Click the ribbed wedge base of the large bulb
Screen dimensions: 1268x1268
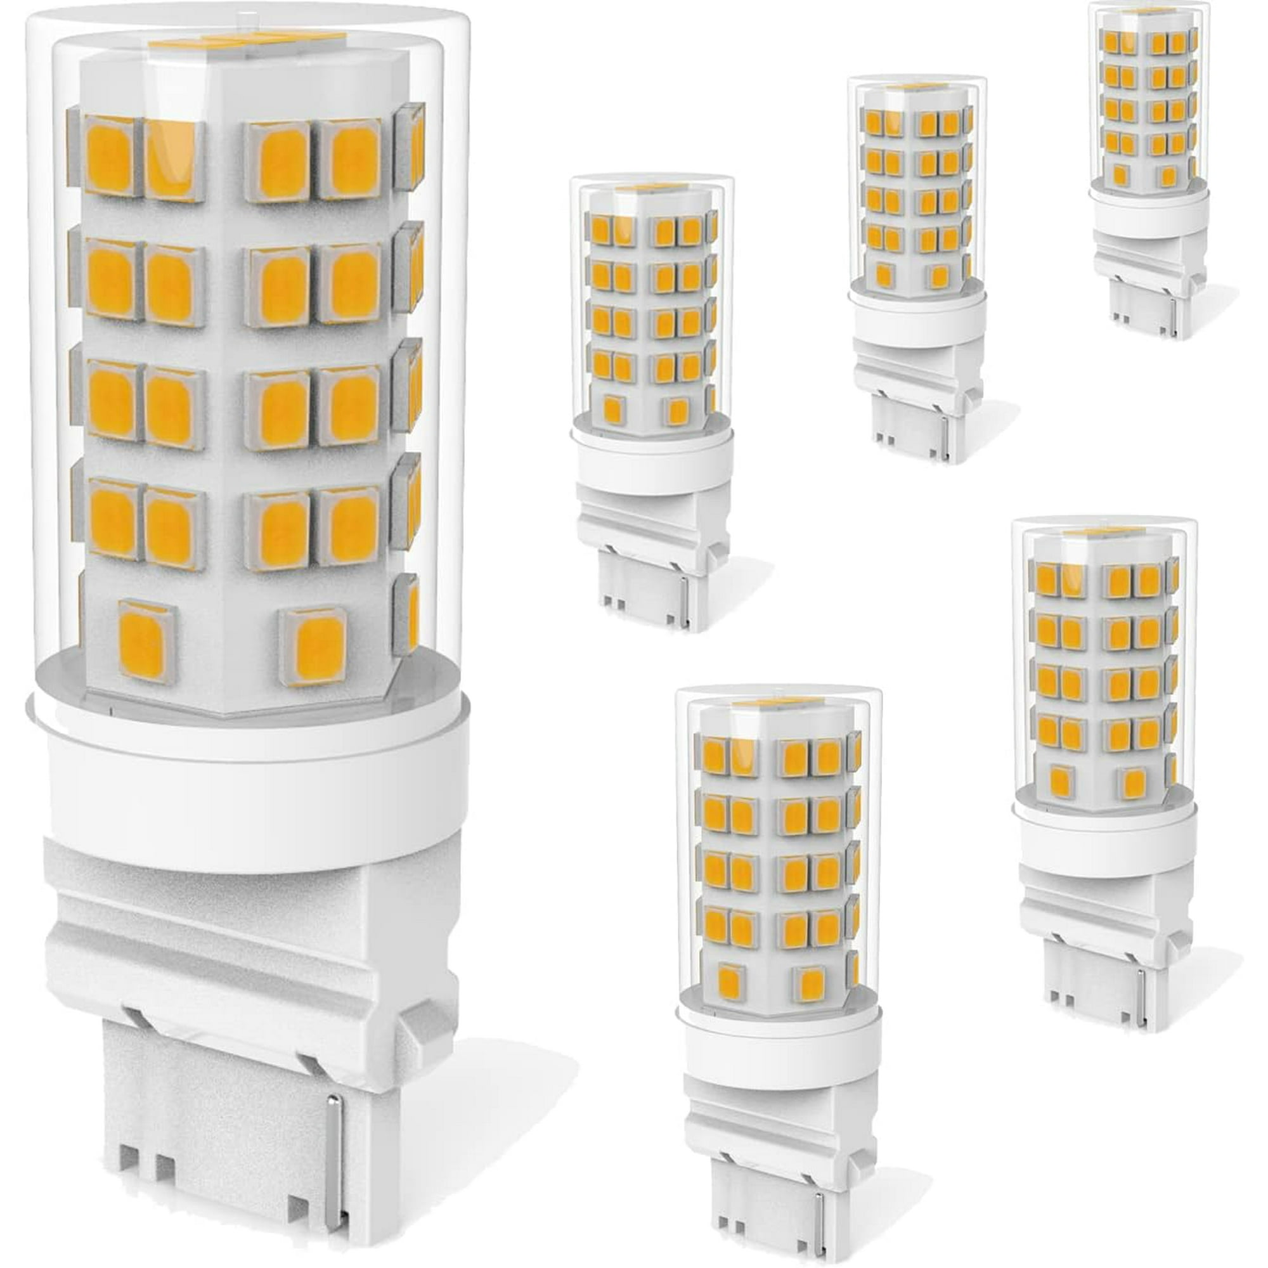[x=249, y=985]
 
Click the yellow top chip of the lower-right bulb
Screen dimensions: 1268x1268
[x=1103, y=532]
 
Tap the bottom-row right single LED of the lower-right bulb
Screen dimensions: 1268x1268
[x=1130, y=782]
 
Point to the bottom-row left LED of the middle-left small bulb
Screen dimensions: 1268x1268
[x=612, y=409]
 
